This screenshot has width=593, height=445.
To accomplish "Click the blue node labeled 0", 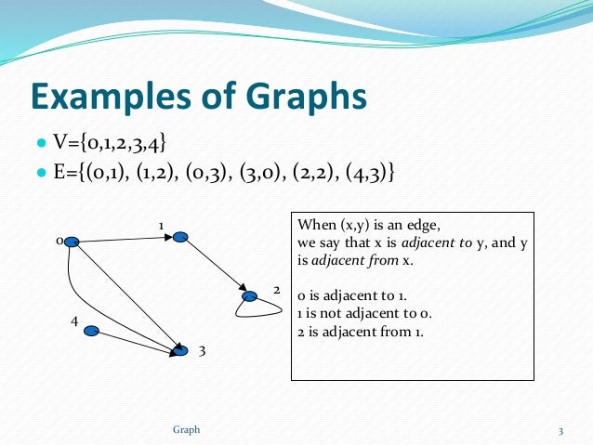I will click(x=71, y=242).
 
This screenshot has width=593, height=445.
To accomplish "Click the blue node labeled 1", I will click(x=180, y=237).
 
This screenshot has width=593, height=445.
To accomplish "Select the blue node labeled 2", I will click(x=250, y=297).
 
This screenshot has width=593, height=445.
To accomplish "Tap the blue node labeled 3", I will click(x=180, y=350).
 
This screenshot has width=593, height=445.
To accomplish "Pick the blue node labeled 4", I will click(x=92, y=331).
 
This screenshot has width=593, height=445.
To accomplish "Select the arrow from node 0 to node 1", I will click(x=125, y=240).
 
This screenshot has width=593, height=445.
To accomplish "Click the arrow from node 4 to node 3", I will click(x=136, y=341).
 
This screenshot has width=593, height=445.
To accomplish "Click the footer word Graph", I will click(x=187, y=429).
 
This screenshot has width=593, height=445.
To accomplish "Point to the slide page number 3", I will click(x=561, y=430).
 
